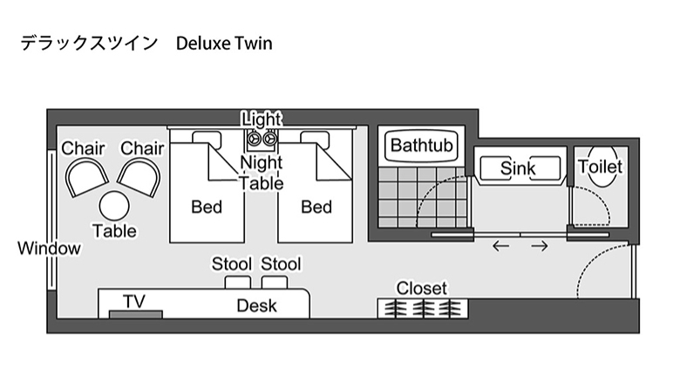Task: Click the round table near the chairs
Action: click(x=114, y=206)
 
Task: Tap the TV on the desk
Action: click(x=135, y=312)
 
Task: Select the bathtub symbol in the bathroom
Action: click(x=422, y=145)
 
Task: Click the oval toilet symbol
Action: click(x=601, y=167)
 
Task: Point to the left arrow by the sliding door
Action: click(x=500, y=246)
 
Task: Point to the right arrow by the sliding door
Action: click(x=540, y=246)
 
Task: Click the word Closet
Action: click(x=421, y=288)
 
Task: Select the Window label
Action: click(x=49, y=249)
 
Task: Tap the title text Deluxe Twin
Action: click(x=224, y=43)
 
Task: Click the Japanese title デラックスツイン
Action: click(x=89, y=43)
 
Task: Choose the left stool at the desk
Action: click(x=235, y=283)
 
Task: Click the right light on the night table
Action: click(x=270, y=138)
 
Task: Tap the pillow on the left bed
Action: click(x=207, y=137)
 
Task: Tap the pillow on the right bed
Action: click(x=316, y=137)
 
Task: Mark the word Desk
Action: click(x=256, y=306)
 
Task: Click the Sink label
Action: click(x=518, y=168)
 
